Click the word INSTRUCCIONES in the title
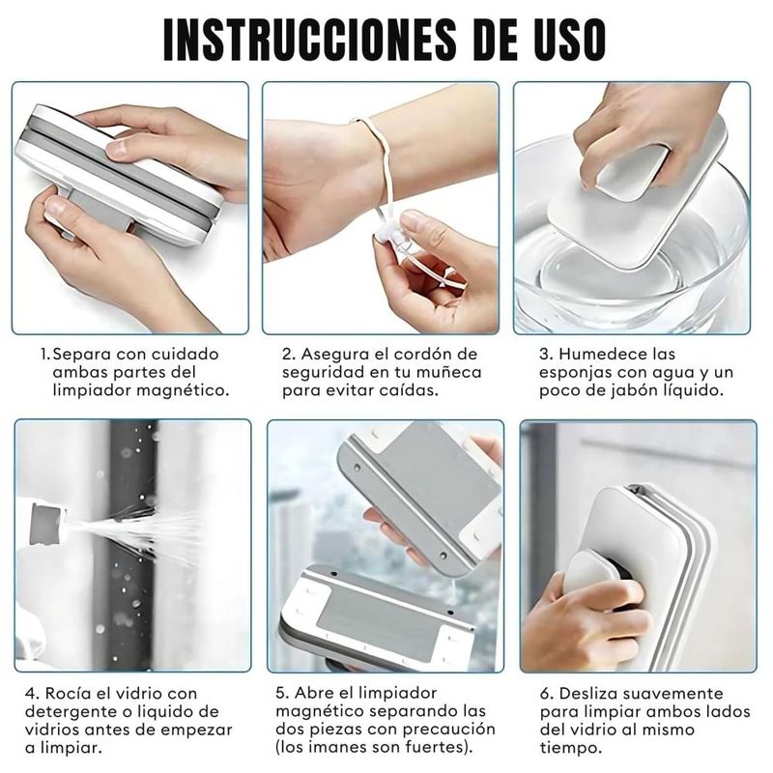310,40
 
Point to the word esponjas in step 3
574,373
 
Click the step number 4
32,694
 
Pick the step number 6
547,694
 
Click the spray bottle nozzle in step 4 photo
47,523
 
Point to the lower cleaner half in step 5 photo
377,618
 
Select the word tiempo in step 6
571,748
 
